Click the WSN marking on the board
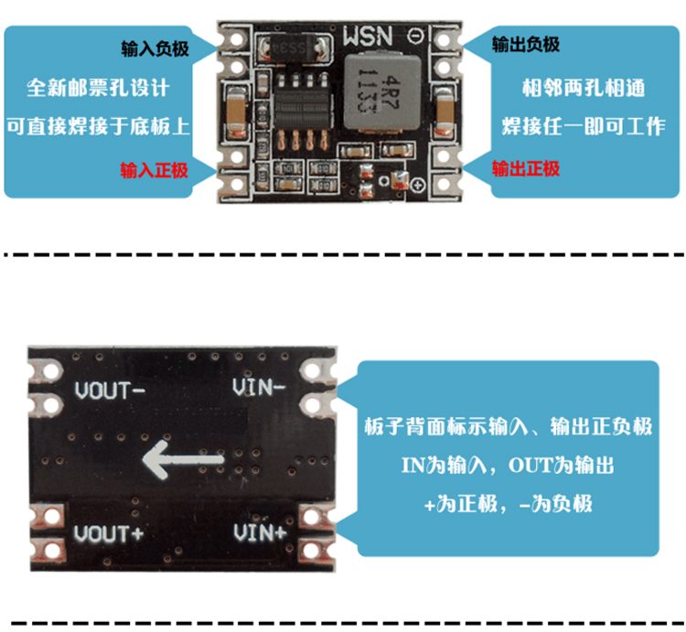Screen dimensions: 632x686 pyautogui.click(x=369, y=36)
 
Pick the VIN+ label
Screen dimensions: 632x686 pyautogui.click(x=261, y=531)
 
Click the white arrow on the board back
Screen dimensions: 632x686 pyautogui.click(x=184, y=459)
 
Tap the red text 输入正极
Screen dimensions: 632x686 pyautogui.click(x=155, y=169)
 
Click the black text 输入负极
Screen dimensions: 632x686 pyautogui.click(x=155, y=47)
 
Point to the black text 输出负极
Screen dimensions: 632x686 pyautogui.click(x=526, y=45)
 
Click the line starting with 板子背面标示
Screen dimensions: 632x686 pyautogui.click(x=508, y=426)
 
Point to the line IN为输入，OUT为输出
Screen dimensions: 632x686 pyautogui.click(x=508, y=465)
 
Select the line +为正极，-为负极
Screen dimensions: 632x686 pyautogui.click(x=508, y=503)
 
